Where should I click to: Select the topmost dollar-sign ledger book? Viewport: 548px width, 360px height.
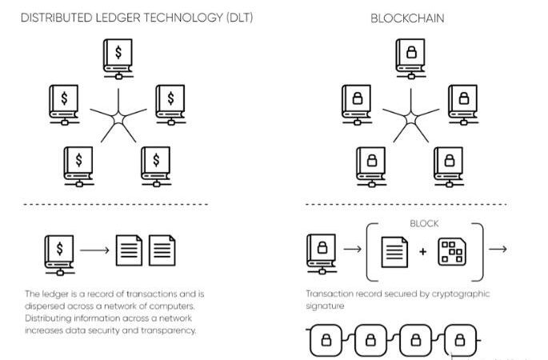[x=118, y=58]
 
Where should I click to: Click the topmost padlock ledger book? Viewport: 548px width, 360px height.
[x=410, y=58]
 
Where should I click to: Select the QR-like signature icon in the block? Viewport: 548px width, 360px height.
[x=454, y=251]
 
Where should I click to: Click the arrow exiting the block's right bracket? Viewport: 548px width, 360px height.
[x=498, y=250]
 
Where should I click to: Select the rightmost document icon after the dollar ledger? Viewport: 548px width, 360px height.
[x=163, y=250]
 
